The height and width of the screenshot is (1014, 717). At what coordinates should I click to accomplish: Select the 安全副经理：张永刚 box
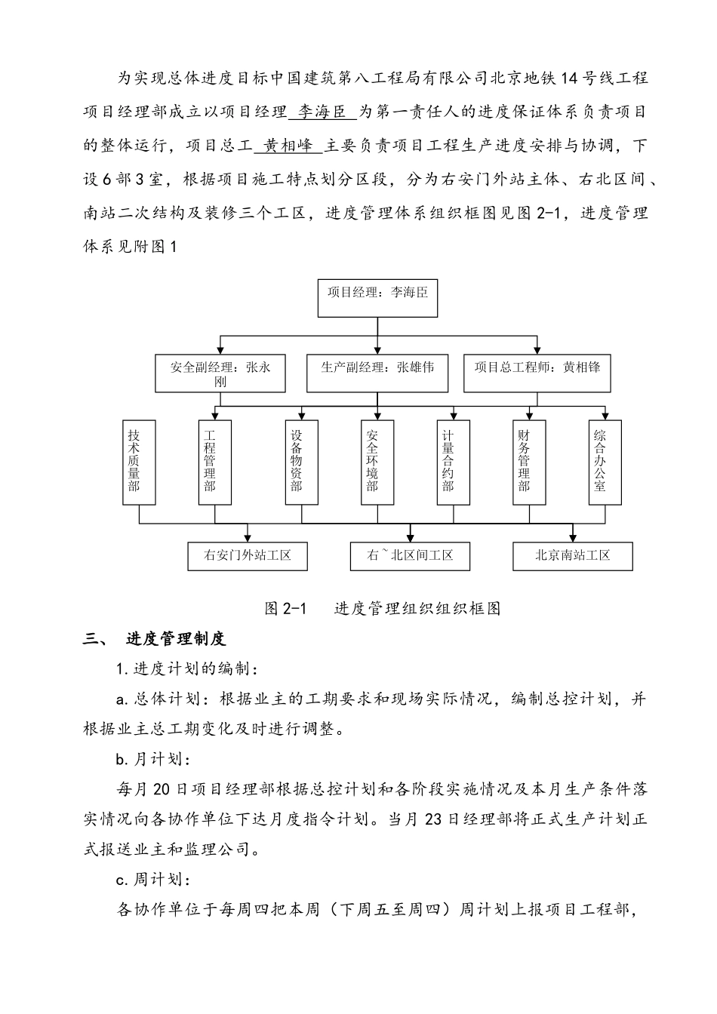(x=220, y=373)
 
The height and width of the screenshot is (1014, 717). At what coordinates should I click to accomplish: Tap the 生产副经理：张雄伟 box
(x=377, y=373)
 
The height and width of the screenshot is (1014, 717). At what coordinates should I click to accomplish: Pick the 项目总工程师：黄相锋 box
(x=537, y=373)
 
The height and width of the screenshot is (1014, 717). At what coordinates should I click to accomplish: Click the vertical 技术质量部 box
(x=140, y=461)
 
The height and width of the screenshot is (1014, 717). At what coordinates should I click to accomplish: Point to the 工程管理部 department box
(x=215, y=461)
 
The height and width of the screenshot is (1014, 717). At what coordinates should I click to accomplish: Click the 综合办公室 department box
(x=605, y=461)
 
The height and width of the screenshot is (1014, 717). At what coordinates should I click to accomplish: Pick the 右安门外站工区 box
(x=248, y=556)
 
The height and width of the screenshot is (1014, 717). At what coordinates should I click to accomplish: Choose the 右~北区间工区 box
(x=410, y=556)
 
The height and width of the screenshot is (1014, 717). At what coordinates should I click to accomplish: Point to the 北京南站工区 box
(x=572, y=556)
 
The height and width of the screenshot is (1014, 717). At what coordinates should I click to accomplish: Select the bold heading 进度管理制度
(x=176, y=639)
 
